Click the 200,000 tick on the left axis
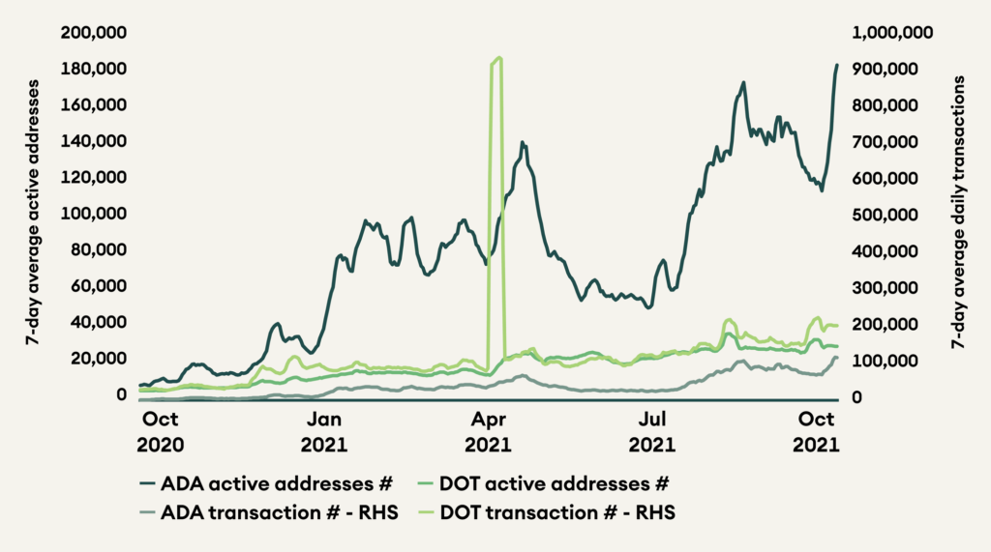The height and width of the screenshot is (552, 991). pos(94,33)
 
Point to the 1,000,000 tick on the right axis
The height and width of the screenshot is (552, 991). pos(891,33)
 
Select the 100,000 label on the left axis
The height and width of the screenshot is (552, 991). pos(94,214)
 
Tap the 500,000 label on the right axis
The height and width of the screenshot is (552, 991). pos(885,214)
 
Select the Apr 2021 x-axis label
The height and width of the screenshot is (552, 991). pos(489,432)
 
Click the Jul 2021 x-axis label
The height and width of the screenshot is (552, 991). pos(654,432)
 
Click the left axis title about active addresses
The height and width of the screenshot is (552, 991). pos(32,214)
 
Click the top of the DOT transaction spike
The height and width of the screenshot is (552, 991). pos(498,58)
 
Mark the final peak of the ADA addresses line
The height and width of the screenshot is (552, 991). pos(837,65)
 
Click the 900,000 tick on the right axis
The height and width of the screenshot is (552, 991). pos(885,69)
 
